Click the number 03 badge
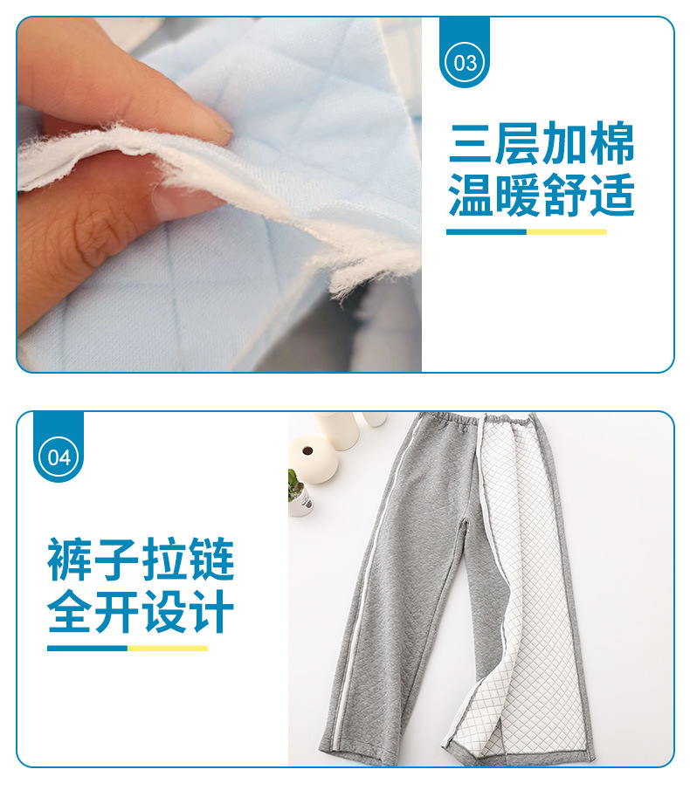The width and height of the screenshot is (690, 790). point(466,62)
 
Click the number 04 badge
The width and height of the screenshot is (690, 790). point(59,457)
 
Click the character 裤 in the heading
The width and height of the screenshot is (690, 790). point(70,560)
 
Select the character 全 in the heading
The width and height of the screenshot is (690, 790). point(70,613)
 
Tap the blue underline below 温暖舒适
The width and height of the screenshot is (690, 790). point(486,232)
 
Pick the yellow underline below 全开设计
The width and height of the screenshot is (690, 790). point(167,648)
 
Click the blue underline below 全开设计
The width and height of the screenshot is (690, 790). point(87,648)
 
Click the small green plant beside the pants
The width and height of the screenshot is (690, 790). point(295,485)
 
